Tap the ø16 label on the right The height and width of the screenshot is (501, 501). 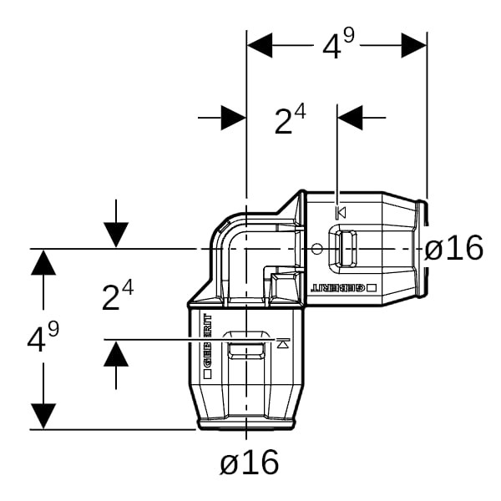click(453, 248)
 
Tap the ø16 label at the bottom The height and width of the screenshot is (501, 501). click(249, 461)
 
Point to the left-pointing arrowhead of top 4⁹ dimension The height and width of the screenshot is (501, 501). click(260, 45)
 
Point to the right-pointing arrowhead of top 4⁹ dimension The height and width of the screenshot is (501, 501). click(414, 45)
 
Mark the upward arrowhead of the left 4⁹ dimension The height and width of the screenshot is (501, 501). click(43, 262)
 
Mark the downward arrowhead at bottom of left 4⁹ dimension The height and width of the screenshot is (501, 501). click(43, 416)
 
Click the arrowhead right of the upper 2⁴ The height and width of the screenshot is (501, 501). click(351, 118)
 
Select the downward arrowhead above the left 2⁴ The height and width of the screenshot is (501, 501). click(116, 235)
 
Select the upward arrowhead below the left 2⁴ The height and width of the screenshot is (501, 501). click(116, 354)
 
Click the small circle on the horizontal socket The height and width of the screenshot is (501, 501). click(317, 249)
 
